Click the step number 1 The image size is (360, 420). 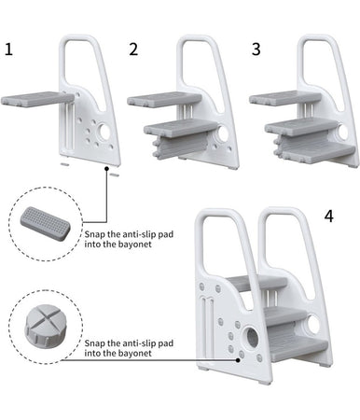(x=8, y=49)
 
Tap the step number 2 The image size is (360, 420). (x=133, y=49)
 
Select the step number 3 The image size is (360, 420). (x=256, y=49)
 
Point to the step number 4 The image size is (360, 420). (x=329, y=216)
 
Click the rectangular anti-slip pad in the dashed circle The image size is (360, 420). (x=46, y=223)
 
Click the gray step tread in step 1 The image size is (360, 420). (x=37, y=99)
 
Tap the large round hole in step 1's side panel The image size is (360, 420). (x=103, y=132)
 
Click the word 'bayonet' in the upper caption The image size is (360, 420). (x=134, y=245)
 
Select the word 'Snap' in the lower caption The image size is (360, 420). (x=95, y=344)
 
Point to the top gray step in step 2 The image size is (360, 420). (x=164, y=99)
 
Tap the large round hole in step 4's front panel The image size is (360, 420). (x=252, y=337)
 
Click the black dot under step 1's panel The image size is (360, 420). (x=106, y=168)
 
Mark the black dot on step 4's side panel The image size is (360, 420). (x=238, y=360)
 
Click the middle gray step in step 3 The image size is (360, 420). (x=302, y=127)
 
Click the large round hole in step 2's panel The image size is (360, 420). (x=223, y=133)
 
